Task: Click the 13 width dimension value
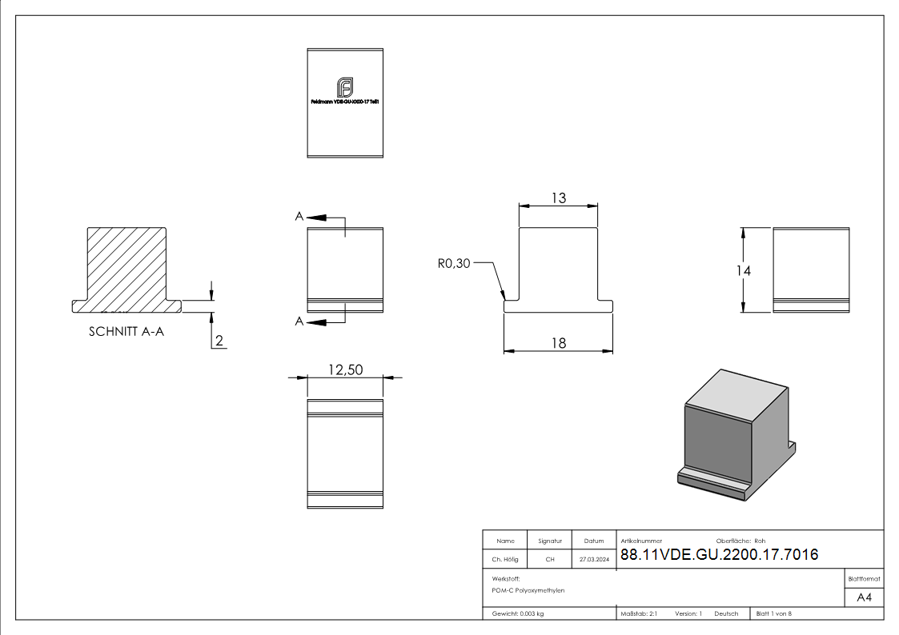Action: [x=558, y=198]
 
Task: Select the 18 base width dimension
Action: [x=558, y=343]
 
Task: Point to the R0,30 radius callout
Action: [x=454, y=263]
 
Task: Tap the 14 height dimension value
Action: [x=744, y=271]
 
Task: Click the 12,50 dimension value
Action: [x=345, y=369]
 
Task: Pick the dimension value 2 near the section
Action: [x=219, y=341]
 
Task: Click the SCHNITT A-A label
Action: [x=126, y=332]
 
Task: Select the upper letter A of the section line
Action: [x=299, y=217]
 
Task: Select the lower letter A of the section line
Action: [x=299, y=321]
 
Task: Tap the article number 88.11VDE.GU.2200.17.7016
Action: [x=719, y=554]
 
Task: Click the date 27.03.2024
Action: [x=594, y=560]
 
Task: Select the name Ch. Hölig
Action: [x=504, y=560]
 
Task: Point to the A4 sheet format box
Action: [x=864, y=597]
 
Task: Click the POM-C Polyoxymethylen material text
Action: [x=528, y=590]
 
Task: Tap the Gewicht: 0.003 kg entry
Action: [x=518, y=613]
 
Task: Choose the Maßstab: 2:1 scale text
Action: [x=639, y=613]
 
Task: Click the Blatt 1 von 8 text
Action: [x=773, y=613]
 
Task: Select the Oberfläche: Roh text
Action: [x=740, y=541]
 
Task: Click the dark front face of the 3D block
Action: [x=717, y=440]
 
